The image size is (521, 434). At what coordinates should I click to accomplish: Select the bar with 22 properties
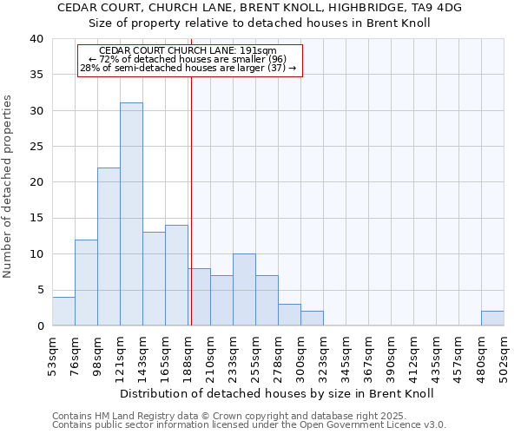[x=109, y=247]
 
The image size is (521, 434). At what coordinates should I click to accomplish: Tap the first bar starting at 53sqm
[x=63, y=312]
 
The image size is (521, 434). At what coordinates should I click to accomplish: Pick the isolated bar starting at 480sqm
[x=492, y=319]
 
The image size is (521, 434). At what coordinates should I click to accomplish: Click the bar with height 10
[x=244, y=290]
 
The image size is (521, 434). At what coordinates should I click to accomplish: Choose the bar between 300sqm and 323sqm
[x=312, y=319]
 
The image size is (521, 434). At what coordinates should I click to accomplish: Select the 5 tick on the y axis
[x=39, y=290]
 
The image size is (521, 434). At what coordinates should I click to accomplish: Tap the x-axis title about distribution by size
[x=276, y=393]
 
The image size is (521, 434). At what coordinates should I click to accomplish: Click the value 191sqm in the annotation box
[x=260, y=51]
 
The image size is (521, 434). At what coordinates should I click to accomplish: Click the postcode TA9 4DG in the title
[x=438, y=7]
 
